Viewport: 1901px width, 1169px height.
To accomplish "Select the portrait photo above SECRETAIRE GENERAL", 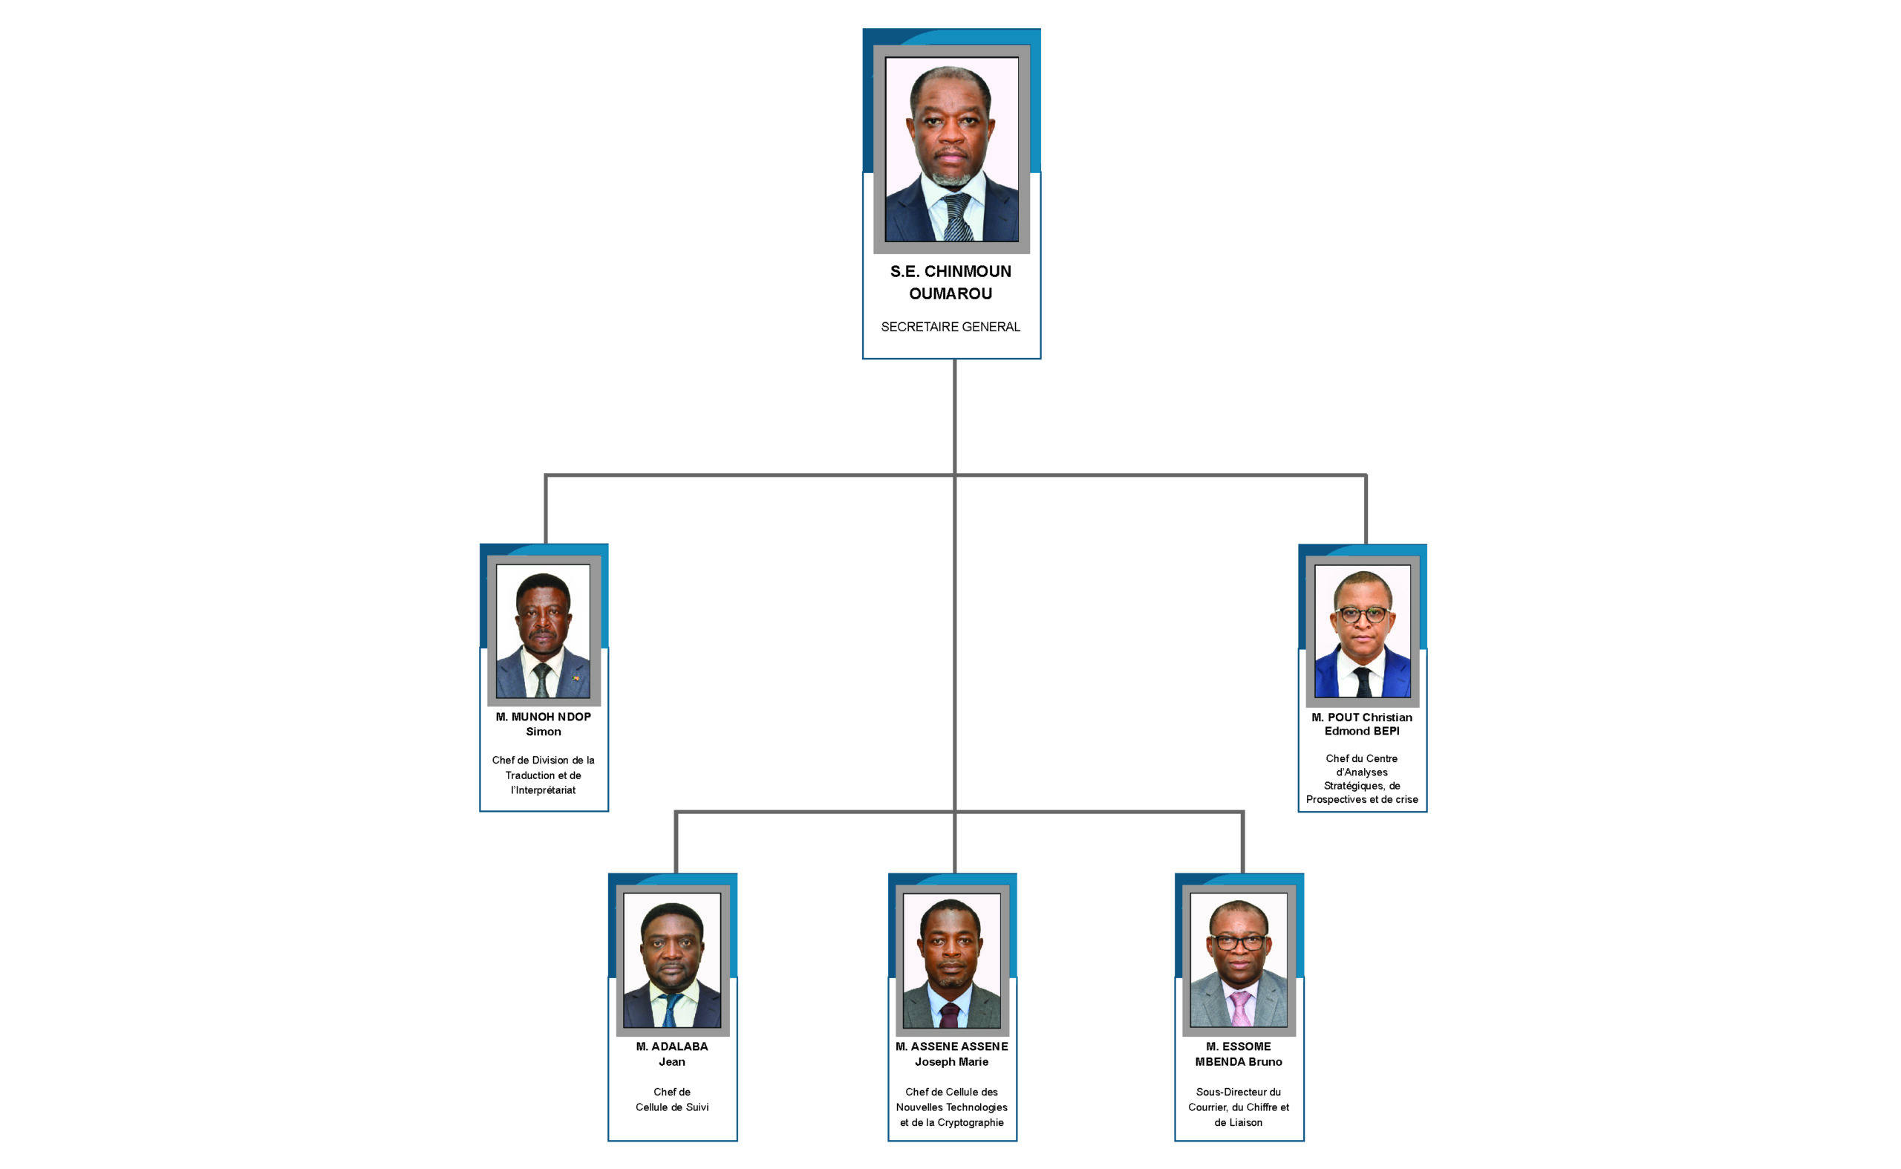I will click(951, 149).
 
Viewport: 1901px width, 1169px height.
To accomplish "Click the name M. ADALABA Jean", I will click(672, 1054).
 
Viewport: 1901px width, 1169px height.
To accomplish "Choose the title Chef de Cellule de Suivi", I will click(672, 1099).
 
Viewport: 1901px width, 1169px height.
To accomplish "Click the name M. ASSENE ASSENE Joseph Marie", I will click(952, 1054).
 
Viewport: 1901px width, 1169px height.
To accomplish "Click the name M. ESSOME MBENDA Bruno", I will click(1239, 1054).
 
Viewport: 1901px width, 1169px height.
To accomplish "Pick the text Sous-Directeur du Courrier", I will click(1239, 1099).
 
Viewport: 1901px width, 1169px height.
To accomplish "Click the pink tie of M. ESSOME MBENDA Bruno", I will click(1240, 1009).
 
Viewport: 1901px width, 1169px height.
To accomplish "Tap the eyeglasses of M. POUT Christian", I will click(1362, 616).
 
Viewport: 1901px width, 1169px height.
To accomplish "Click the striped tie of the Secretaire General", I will click(957, 218).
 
